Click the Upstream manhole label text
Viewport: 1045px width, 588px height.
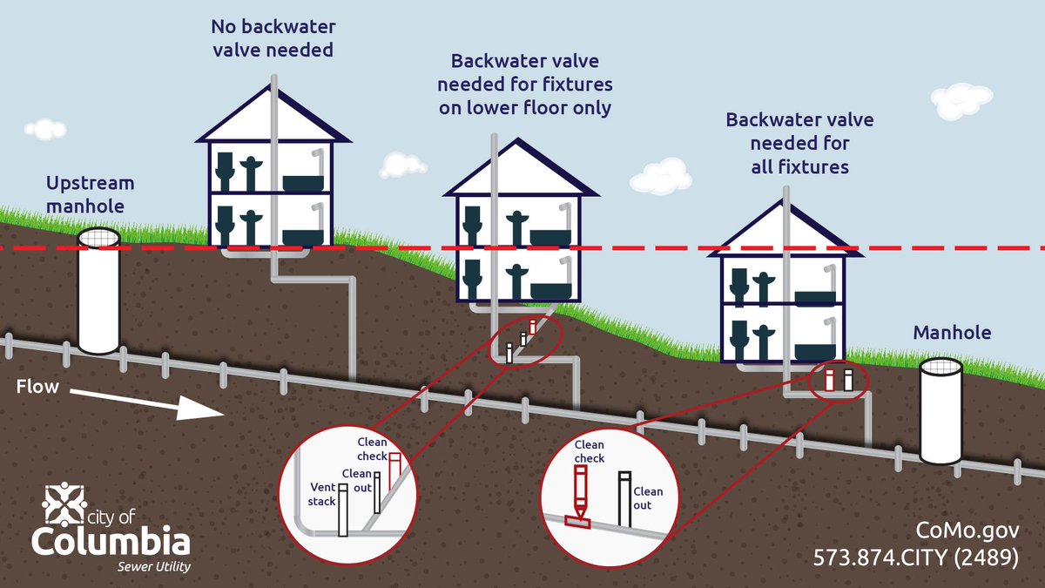[x=90, y=194]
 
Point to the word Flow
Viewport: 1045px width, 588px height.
[x=37, y=386]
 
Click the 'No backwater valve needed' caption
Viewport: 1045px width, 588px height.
[x=274, y=37]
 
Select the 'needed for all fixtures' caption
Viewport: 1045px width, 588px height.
[x=799, y=142]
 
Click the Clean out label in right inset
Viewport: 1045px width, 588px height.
[x=648, y=498]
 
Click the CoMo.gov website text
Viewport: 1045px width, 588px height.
[x=967, y=531]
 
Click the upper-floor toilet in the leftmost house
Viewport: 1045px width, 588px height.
[x=226, y=171]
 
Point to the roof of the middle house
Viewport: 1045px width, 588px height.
[x=520, y=170]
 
